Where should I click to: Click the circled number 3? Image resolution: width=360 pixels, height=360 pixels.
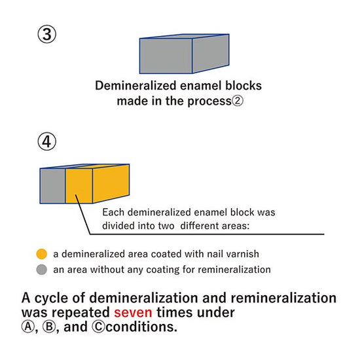[47, 35]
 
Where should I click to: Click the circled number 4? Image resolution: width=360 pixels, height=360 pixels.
[47, 141]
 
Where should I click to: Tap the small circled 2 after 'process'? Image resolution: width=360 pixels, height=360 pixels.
[238, 101]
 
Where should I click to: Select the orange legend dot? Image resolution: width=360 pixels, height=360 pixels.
[41, 254]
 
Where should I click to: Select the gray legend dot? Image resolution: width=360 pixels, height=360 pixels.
[41, 270]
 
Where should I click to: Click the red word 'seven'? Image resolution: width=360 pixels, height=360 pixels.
[133, 312]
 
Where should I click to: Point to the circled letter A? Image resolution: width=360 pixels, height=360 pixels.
[28, 327]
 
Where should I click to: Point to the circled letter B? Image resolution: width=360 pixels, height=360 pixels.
[49, 327]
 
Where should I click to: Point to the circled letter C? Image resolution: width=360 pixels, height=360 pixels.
[99, 327]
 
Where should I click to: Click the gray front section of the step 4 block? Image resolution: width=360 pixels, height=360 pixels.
[53, 186]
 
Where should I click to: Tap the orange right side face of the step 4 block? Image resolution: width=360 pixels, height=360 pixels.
[111, 183]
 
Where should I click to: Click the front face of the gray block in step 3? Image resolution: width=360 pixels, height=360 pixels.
[166, 56]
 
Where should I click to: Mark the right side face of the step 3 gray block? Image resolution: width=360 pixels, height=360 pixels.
[211, 54]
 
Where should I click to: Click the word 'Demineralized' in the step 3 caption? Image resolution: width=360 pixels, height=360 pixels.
[136, 86]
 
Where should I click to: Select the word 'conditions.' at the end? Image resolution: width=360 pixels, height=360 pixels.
[141, 327]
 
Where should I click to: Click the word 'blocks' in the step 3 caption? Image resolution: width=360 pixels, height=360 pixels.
[243, 86]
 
